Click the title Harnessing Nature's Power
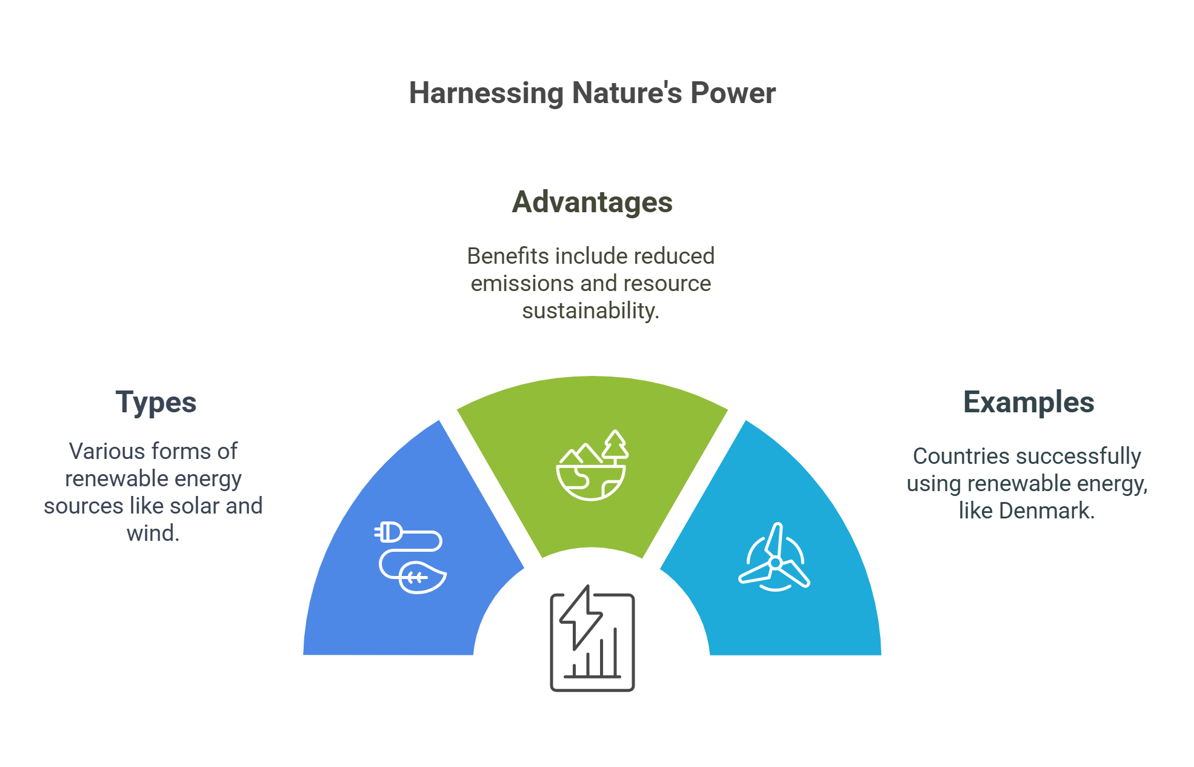tap(592, 93)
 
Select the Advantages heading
tap(592, 202)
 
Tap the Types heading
tap(156, 403)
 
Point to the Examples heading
tap(1029, 403)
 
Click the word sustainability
tap(590, 311)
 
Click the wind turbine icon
tap(775, 558)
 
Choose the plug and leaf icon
tap(410, 557)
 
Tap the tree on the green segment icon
tap(615, 444)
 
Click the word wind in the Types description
tap(153, 534)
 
